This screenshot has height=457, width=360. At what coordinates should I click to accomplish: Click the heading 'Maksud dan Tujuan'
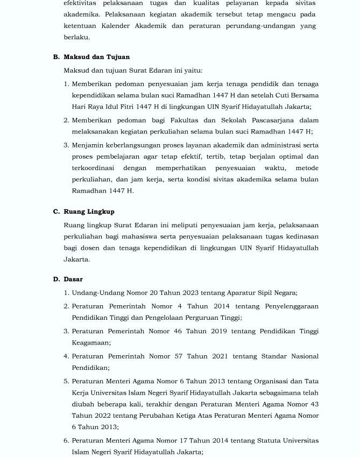tap(96, 57)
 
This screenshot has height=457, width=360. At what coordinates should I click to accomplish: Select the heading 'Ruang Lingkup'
tap(89, 212)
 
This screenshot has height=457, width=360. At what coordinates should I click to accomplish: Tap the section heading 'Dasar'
tap(73, 279)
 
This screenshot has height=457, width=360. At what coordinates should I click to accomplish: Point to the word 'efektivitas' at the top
tap(80, 3)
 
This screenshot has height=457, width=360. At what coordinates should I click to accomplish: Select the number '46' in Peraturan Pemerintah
tap(178, 331)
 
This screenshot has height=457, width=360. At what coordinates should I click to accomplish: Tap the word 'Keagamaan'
tap(91, 342)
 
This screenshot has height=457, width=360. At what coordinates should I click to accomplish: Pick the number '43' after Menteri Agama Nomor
tap(314, 404)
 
